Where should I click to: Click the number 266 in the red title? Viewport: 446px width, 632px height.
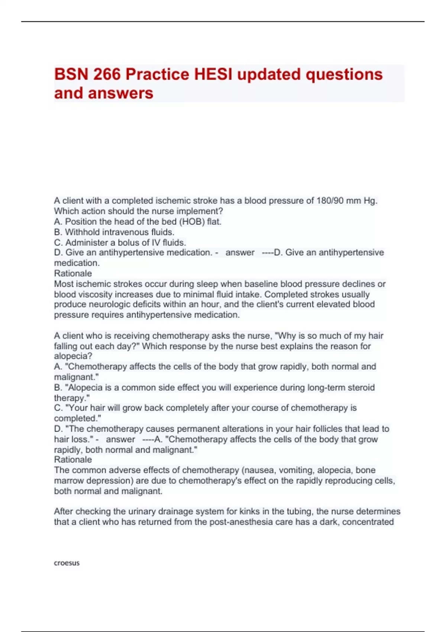point(107,74)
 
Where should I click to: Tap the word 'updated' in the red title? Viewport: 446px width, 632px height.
point(269,74)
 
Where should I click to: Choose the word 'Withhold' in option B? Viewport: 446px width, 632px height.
point(83,232)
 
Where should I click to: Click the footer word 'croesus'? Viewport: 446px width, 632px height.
point(67,563)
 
